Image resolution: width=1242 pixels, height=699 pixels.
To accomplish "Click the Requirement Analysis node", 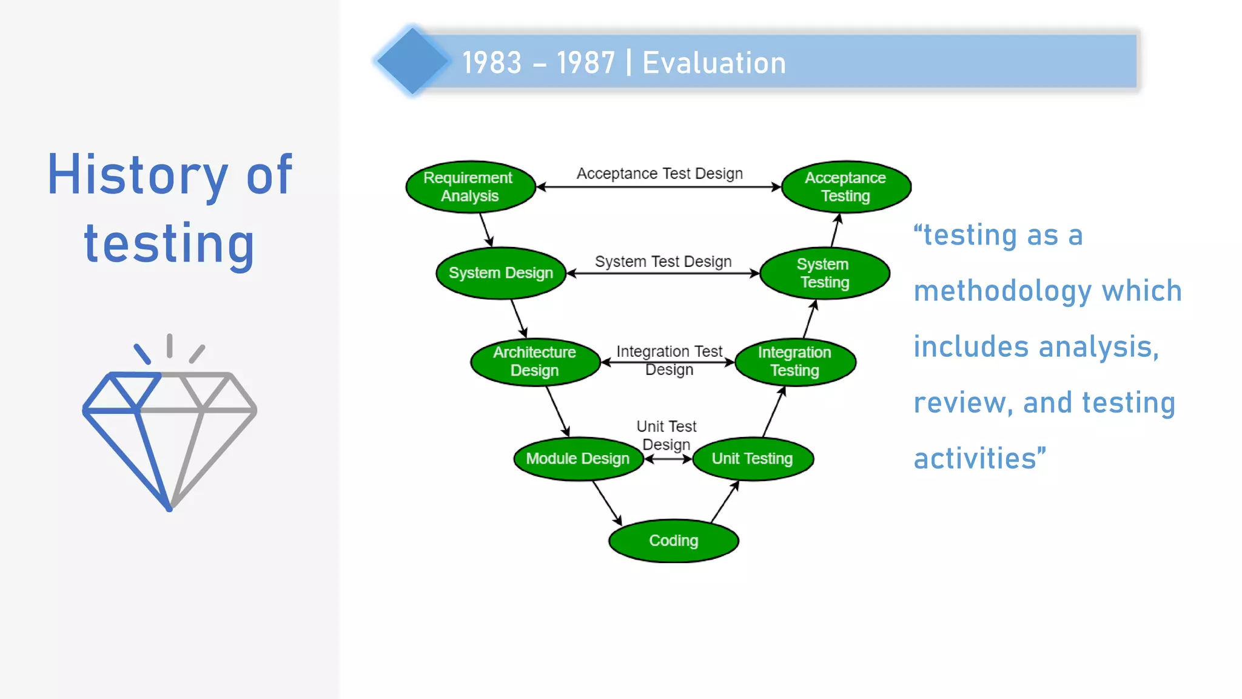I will point(470,187).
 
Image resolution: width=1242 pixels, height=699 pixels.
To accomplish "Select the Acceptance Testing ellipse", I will point(846,187).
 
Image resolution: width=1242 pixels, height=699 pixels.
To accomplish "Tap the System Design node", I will point(501,273).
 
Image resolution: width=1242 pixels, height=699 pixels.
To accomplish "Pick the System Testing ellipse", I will point(824,273).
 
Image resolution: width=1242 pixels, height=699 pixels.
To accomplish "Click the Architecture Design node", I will point(535,362).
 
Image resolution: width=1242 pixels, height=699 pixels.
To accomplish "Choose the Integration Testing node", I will point(795,362).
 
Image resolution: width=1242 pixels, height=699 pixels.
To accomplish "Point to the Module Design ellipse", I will point(578,459).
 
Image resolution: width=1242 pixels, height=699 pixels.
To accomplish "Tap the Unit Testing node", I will point(753,459).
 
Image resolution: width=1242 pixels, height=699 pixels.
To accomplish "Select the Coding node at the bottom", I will point(673,541).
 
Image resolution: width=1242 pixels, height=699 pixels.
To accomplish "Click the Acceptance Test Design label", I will point(659,174).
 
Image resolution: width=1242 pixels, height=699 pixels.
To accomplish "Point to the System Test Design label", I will point(663,262).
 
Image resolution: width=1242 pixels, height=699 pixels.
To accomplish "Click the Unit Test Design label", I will point(666,435).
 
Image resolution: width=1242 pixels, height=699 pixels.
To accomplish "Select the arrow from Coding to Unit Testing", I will point(725,502).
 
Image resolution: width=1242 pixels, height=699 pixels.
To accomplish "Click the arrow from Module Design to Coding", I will point(607,503).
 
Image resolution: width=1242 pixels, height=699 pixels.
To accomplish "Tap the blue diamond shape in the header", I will point(412,61).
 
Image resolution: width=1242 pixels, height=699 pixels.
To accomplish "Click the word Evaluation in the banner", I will point(714,63).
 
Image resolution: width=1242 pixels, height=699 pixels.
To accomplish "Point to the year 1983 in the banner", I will point(492,63).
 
